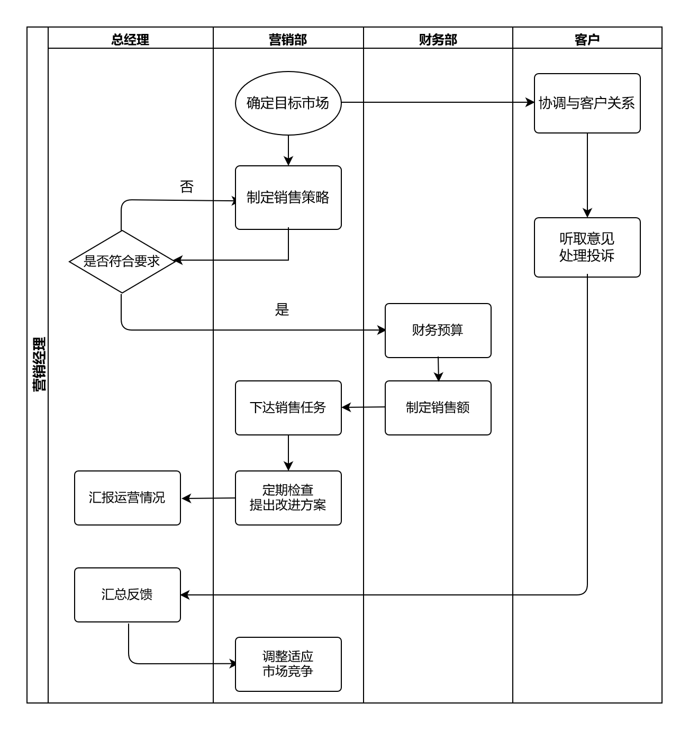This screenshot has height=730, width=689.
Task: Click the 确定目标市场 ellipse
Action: pyautogui.click(x=288, y=103)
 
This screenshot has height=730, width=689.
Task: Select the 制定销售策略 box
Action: pyautogui.click(x=288, y=198)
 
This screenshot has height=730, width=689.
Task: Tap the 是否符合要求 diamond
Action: pyautogui.click(x=122, y=261)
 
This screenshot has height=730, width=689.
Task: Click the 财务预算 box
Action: pyautogui.click(x=438, y=330)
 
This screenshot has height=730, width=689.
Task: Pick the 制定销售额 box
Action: pyautogui.click(x=438, y=407)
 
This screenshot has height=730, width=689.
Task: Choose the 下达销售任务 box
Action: pyautogui.click(x=288, y=407)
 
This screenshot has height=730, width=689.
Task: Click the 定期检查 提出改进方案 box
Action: pyautogui.click(x=288, y=497)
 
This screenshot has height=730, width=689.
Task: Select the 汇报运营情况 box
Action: pyautogui.click(x=127, y=497)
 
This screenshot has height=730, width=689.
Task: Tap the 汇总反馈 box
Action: pyautogui.click(x=127, y=594)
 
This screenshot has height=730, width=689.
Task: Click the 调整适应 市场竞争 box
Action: pyautogui.click(x=288, y=664)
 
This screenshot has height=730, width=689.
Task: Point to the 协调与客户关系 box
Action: pyautogui.click(x=587, y=103)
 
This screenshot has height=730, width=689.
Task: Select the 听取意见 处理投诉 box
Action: pyautogui.click(x=587, y=247)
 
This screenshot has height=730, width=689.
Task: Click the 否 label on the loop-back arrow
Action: pyautogui.click(x=187, y=186)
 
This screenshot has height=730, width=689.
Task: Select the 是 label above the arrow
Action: pyautogui.click(x=282, y=310)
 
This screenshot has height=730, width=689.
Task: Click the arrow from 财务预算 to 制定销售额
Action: pyautogui.click(x=438, y=369)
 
